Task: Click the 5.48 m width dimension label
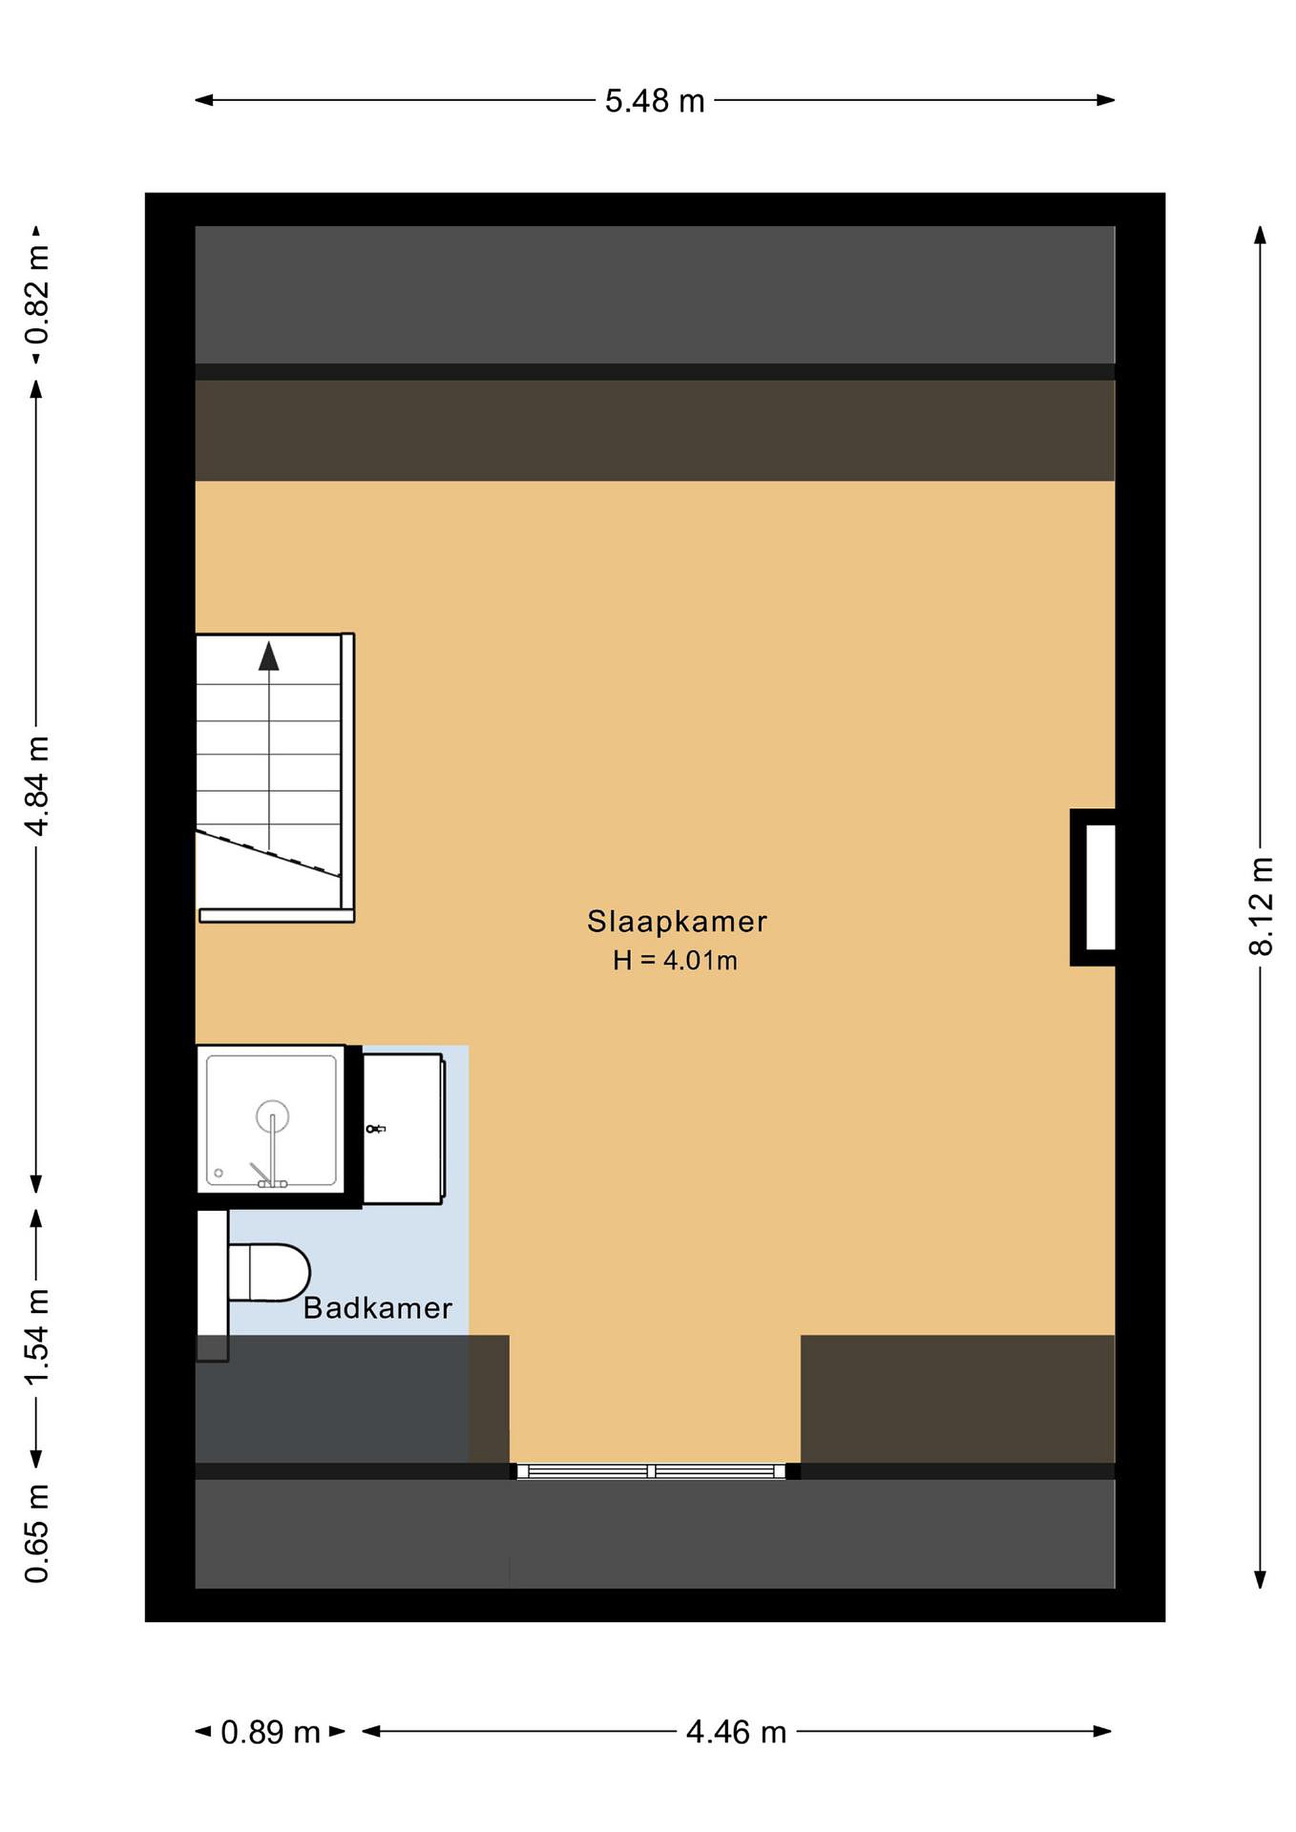655,101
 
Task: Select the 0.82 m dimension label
37,294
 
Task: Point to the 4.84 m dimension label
37,786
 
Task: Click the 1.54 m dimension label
37,1336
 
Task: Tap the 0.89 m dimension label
270,1732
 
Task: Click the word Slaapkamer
677,922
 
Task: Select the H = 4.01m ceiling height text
675,961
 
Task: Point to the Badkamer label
377,1308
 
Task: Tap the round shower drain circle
272,1116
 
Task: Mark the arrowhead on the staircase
269,655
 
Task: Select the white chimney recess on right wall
1099,887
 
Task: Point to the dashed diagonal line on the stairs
269,853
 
